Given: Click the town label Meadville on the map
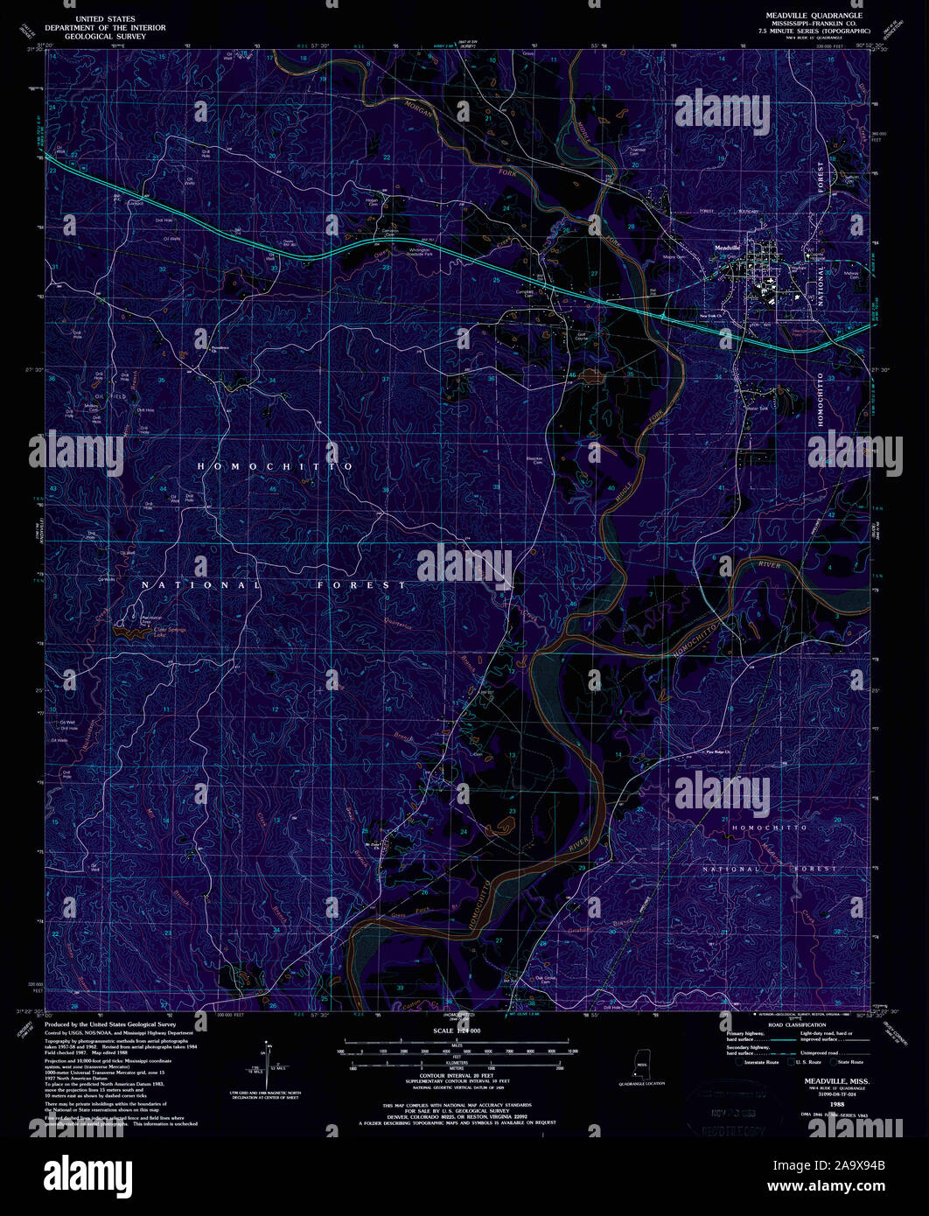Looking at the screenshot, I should click(728, 248).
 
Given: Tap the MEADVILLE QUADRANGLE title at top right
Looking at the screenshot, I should click(814, 16).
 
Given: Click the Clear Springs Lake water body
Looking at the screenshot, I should click(129, 626).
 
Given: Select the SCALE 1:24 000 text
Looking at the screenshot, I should click(461, 1031).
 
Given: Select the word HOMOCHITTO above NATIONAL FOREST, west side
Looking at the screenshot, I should click(276, 467).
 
